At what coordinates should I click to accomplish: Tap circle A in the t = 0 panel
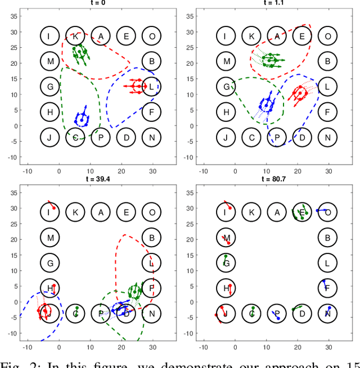(101, 37)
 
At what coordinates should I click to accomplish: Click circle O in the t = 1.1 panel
(327, 37)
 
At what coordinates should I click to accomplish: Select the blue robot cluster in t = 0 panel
(82, 119)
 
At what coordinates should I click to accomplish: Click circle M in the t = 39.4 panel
(50, 238)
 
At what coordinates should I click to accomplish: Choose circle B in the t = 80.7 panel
(327, 238)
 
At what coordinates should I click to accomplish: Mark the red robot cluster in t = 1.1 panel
(298, 93)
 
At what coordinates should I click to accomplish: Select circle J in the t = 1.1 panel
(227, 137)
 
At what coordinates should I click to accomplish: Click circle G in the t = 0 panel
(50, 87)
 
